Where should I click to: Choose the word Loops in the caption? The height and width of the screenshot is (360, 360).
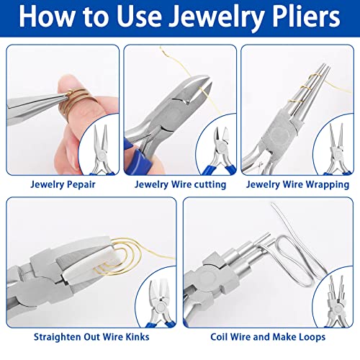tap(307, 336)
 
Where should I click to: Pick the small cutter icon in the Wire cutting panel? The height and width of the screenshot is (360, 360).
tap(215, 148)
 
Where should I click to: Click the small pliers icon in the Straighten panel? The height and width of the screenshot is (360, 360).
tap(154, 299)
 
